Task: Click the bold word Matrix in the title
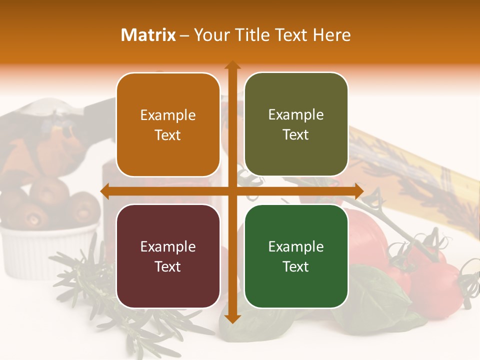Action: point(148,35)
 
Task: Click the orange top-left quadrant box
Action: point(168,124)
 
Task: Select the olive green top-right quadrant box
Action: point(296,124)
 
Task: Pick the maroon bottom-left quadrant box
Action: point(168,256)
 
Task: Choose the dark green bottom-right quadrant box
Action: point(296,256)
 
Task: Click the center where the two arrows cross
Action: point(232,191)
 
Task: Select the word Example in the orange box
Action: point(168,115)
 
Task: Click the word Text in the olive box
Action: point(296,135)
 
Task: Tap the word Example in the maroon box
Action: point(168,246)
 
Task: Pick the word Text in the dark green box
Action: point(296,266)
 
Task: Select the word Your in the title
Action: point(210,35)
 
